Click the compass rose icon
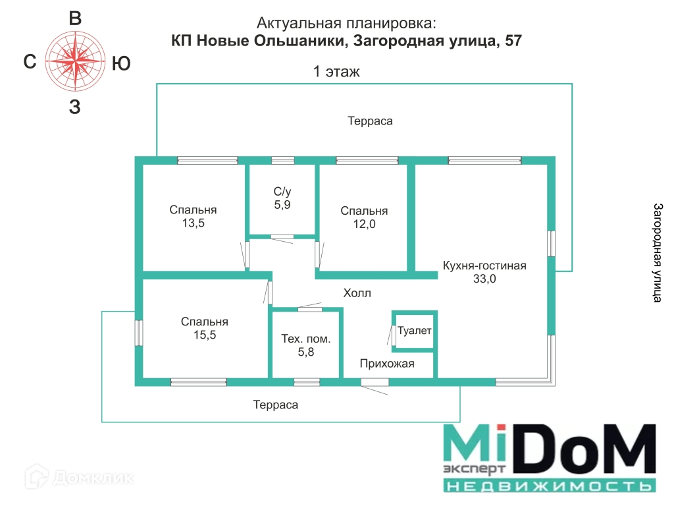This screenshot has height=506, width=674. [76, 63]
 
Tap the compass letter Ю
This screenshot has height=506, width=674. [121, 63]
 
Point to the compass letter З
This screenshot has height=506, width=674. [75, 108]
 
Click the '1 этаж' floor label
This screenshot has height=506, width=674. [336, 72]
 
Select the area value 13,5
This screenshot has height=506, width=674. [193, 223]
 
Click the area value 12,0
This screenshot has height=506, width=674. [364, 224]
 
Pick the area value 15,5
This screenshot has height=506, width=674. [205, 335]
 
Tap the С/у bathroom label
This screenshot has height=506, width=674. [282, 192]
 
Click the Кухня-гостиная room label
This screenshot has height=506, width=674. [484, 266]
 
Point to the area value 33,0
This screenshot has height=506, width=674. [484, 279]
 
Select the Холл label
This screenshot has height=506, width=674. [357, 293]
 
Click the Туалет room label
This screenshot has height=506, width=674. [415, 331]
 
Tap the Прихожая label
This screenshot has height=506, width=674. [387, 363]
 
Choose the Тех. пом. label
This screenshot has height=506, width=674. [306, 339]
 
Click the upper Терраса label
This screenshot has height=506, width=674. [370, 121]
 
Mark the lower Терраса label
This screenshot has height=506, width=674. [275, 405]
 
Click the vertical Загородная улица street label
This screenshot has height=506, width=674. [657, 252]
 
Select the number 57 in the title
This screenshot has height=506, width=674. [513, 41]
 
